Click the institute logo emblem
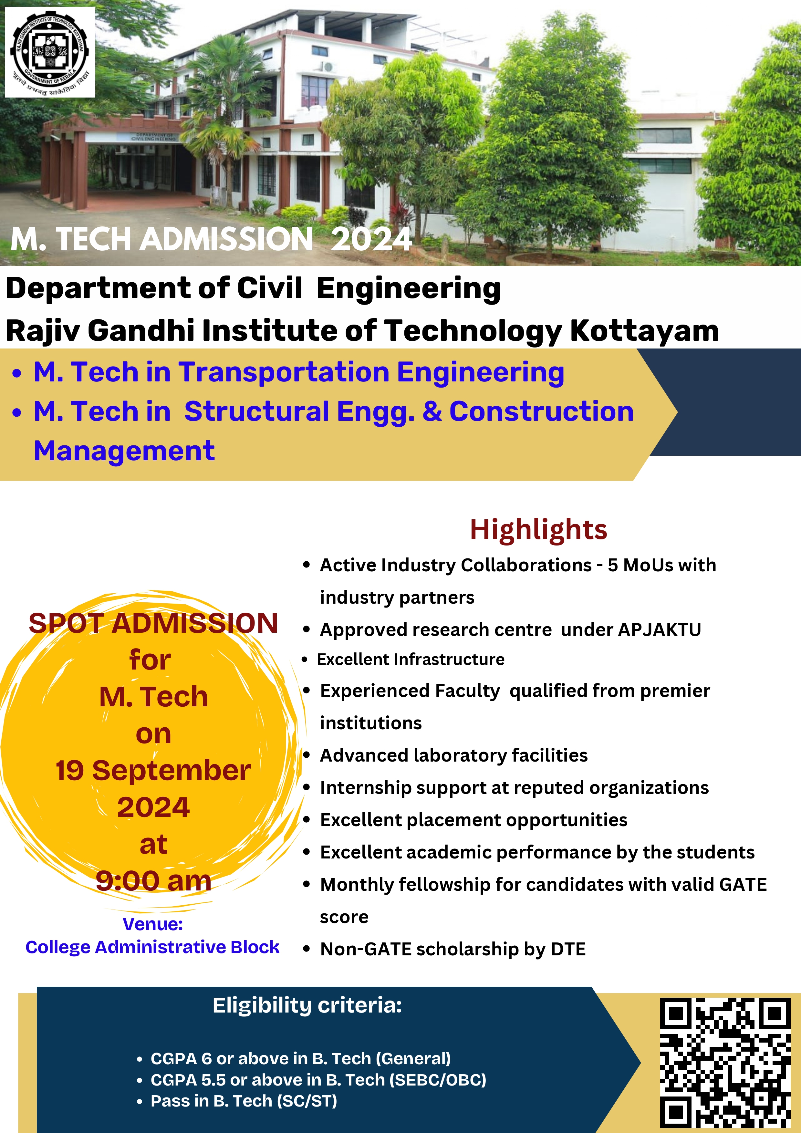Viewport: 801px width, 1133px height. click(x=50, y=52)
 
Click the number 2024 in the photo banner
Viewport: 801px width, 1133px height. click(x=371, y=240)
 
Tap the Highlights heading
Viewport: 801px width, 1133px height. click(x=538, y=529)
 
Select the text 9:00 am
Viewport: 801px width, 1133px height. click(x=153, y=881)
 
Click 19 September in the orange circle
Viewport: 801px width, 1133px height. click(x=153, y=771)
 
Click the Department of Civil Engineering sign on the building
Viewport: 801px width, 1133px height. click(x=153, y=137)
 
